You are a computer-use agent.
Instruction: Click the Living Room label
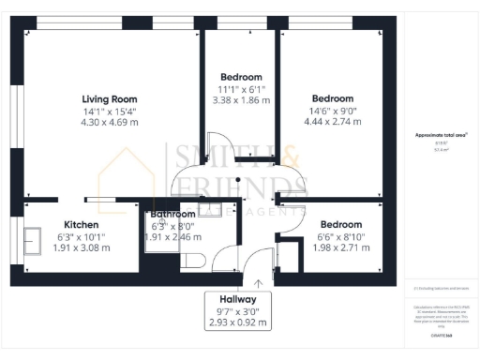pyautogui.click(x=110, y=98)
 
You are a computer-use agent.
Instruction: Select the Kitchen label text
pyautogui.click(x=82, y=224)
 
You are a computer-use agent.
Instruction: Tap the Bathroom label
pyautogui.click(x=172, y=215)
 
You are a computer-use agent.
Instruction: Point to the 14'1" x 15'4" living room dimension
pyautogui.click(x=110, y=112)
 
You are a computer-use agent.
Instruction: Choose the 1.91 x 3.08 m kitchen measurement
pyautogui.click(x=81, y=248)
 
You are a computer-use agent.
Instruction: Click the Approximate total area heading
pyautogui.click(x=442, y=135)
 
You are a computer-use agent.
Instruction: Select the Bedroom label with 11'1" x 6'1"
pyautogui.click(x=241, y=77)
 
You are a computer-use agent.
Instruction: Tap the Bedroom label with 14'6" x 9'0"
pyautogui.click(x=333, y=98)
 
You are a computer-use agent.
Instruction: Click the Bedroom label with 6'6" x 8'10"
pyautogui.click(x=341, y=224)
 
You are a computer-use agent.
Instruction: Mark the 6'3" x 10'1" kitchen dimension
pyautogui.click(x=81, y=236)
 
